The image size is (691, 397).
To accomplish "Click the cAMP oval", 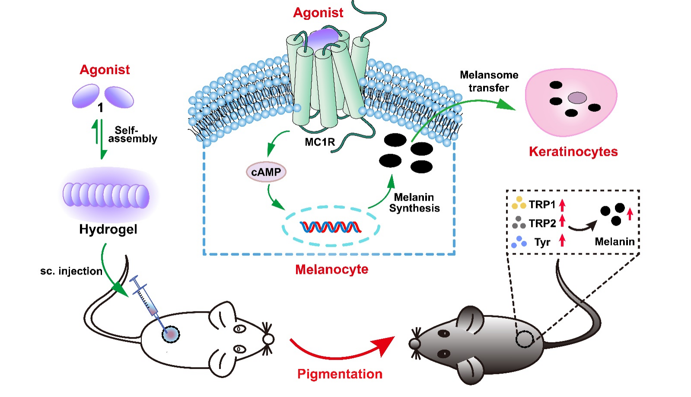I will [266, 172].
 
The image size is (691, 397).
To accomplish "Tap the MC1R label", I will [320, 142].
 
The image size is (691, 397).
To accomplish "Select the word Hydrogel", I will [108, 229].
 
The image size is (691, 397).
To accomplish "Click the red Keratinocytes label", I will [573, 151].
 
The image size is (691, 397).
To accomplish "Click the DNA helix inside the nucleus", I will [331, 227].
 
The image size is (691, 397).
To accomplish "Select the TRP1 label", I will [542, 204].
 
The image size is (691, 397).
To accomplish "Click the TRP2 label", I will [542, 223].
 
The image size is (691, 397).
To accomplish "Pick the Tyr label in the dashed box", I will [542, 242].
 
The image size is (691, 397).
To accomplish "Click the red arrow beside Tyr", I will [562, 240].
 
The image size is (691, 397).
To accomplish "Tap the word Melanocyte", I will [331, 269].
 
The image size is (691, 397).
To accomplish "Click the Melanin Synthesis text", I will [414, 203].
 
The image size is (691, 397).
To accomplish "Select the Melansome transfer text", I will [489, 81].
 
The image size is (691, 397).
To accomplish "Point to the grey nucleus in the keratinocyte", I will [577, 98].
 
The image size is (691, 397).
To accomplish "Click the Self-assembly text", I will [132, 134].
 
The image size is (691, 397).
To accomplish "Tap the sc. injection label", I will [71, 271].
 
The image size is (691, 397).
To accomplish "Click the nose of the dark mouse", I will [414, 343].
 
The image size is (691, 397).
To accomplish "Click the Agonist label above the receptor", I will [318, 13].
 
